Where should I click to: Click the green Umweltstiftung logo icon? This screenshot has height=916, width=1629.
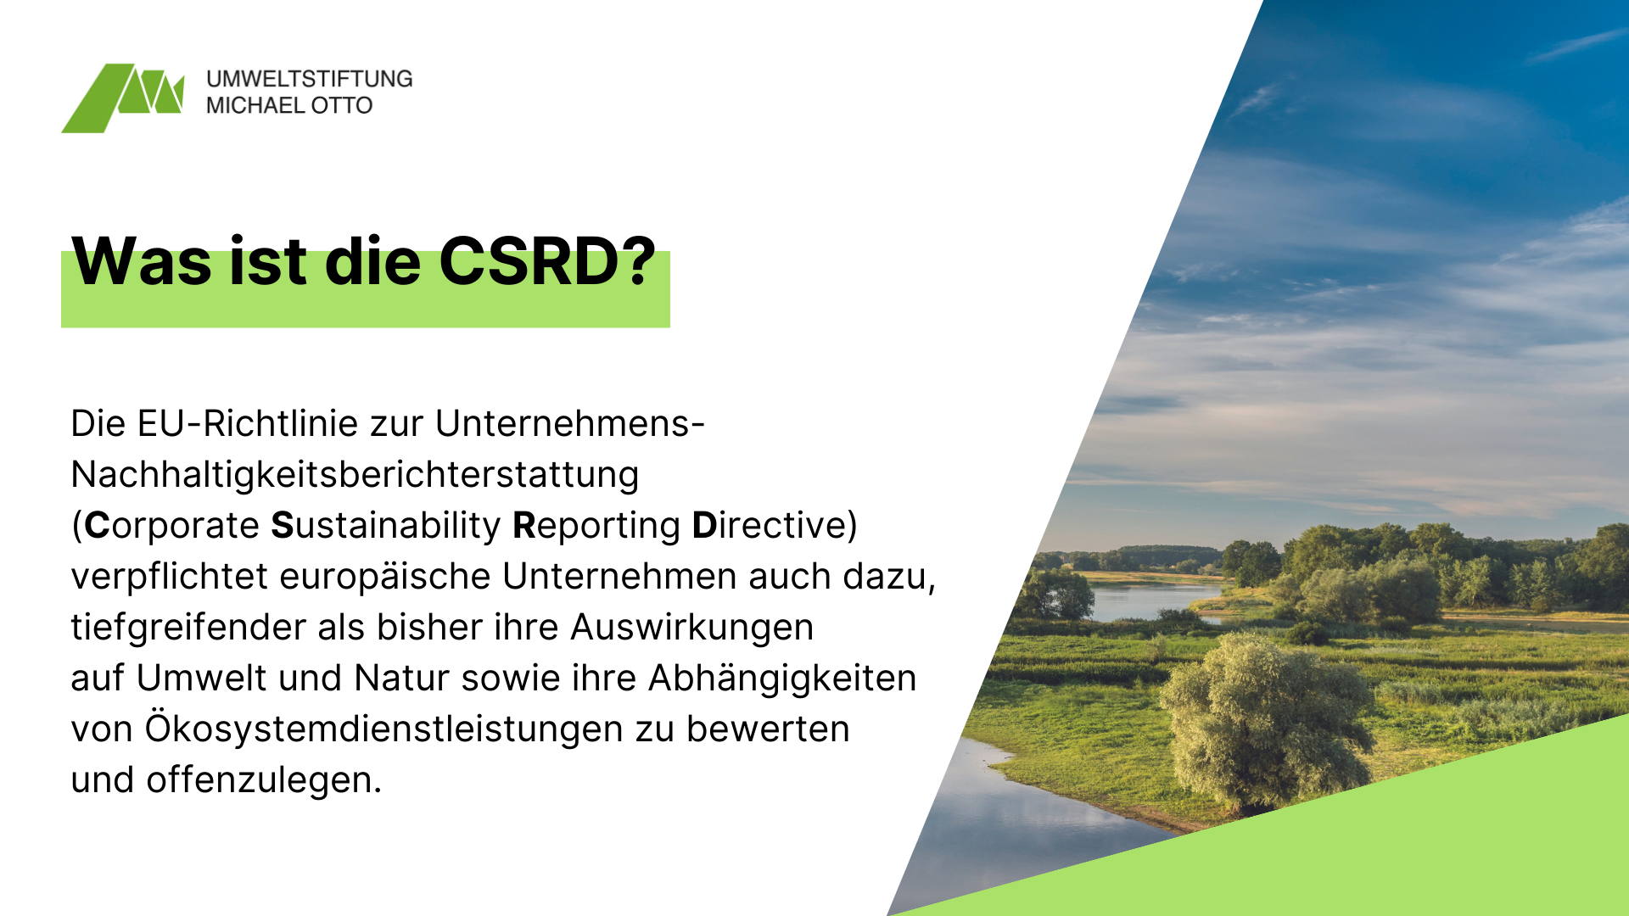point(123,98)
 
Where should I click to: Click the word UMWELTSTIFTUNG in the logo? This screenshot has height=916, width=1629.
point(310,79)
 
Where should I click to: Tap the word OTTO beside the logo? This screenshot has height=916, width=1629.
point(342,105)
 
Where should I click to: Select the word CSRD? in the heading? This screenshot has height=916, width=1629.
point(548,261)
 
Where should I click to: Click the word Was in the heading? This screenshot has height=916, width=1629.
point(142,261)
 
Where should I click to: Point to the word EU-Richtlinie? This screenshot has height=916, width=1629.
point(271,423)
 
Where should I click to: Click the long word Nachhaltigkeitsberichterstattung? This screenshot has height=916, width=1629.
point(355,475)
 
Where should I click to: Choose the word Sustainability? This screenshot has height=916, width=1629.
point(386,526)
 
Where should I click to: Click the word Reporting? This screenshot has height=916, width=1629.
point(596,526)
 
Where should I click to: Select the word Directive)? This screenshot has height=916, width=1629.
point(775,526)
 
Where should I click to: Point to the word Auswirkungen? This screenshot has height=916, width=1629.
point(692,628)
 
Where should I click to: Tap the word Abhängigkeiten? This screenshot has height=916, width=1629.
point(782,679)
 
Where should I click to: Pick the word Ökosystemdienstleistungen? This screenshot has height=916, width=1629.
point(383,729)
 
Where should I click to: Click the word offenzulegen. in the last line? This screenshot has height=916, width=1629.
point(264,780)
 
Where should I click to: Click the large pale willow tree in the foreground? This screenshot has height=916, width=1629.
point(1266,721)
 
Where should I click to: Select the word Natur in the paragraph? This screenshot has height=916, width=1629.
point(401,679)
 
